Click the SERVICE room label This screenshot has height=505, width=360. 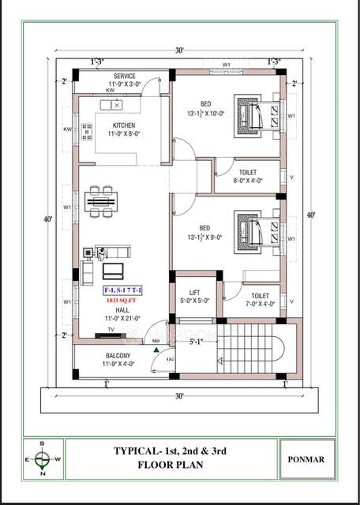[123, 75]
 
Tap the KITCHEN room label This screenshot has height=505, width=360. [123, 125]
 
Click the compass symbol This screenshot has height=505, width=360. [43, 457]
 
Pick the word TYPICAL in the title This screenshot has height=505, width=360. [139, 451]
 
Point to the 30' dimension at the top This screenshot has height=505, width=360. [180, 50]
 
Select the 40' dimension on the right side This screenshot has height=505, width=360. [310, 215]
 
